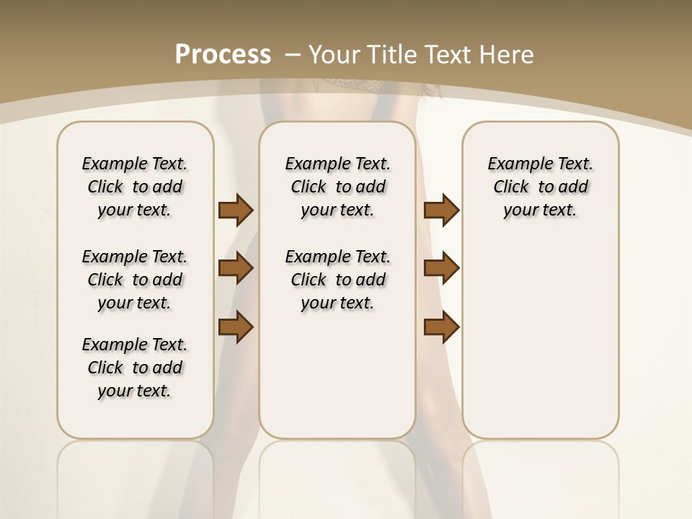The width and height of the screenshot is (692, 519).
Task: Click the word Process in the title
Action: pyautogui.click(x=223, y=54)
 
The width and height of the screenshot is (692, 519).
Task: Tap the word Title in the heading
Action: pyautogui.click(x=392, y=54)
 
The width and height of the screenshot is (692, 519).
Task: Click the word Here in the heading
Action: pyautogui.click(x=508, y=54)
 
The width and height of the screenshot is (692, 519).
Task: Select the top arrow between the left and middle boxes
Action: pyautogui.click(x=236, y=210)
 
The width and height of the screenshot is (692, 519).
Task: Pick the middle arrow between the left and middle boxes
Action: pyautogui.click(x=236, y=268)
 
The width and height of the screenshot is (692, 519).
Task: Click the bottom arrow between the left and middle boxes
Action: pyautogui.click(x=236, y=327)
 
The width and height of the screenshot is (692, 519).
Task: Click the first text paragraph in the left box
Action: pyautogui.click(x=135, y=187)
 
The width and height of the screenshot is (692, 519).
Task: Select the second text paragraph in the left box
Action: pyautogui.click(x=135, y=280)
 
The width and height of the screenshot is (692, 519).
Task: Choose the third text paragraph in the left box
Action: pyautogui.click(x=135, y=368)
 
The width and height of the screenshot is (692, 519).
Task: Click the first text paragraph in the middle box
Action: pyautogui.click(x=337, y=187)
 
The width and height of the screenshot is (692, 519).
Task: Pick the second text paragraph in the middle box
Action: pyautogui.click(x=337, y=280)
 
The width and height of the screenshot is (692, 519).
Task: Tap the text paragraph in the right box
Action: pyautogui.click(x=540, y=187)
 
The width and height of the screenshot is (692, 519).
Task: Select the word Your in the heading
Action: pyautogui.click(x=335, y=54)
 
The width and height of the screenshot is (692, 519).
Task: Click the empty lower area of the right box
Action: pyautogui.click(x=540, y=346)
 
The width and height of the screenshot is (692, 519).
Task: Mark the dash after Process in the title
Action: pyautogui.click(x=293, y=54)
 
